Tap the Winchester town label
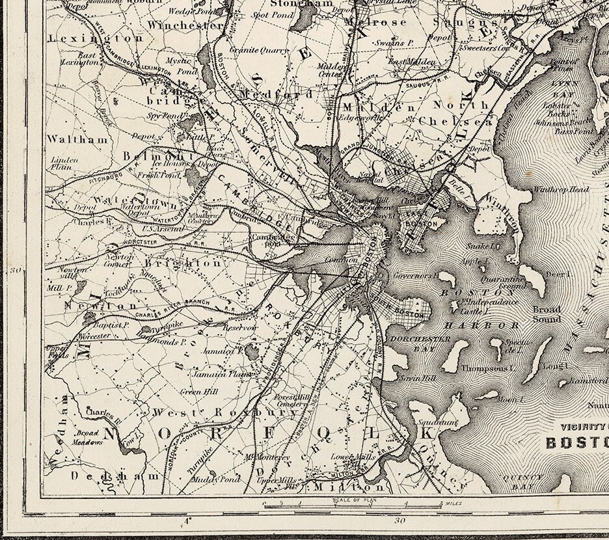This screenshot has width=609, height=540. coord(185,25)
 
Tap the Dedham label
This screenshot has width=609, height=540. coord(115,476)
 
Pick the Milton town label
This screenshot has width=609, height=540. coord(349,486)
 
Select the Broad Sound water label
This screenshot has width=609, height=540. coord(547,314)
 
